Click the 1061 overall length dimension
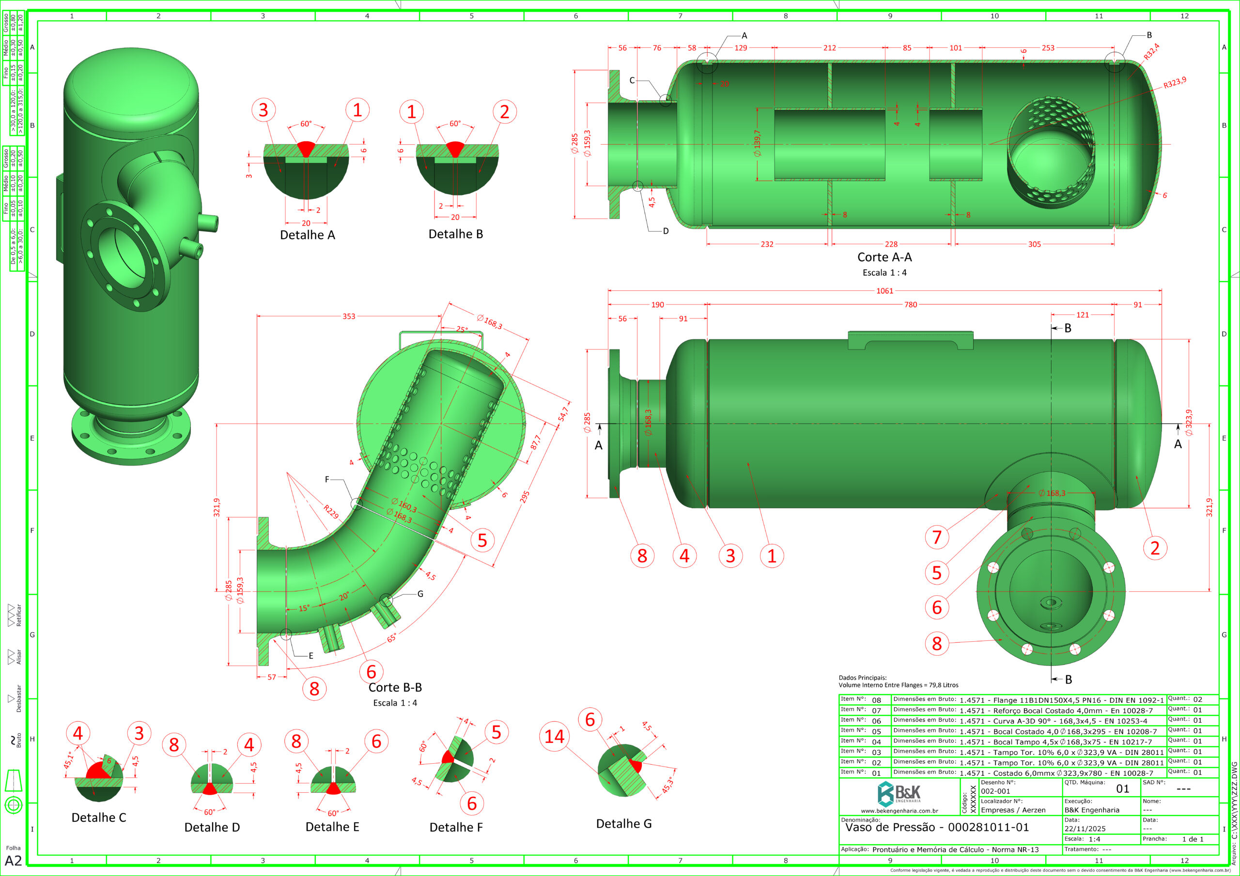884,291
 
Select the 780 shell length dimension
911,304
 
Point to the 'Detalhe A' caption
307,235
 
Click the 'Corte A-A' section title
884,257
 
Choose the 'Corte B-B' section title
395,687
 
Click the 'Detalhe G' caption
624,823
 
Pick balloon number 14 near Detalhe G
554,736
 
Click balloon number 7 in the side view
937,537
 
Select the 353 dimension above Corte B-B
349,317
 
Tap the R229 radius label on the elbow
331,512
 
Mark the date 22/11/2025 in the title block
1085,829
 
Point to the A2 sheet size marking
13,861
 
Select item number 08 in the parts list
876,700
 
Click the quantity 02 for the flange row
1197,699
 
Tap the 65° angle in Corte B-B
392,638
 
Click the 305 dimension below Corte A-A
1034,244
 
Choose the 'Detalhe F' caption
456,827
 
